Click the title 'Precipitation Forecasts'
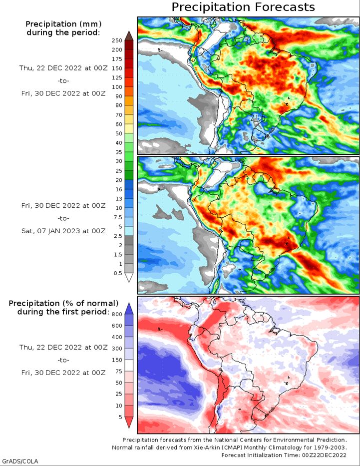click(x=243, y=7)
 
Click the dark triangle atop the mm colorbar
click(x=128, y=35)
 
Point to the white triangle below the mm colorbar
click(x=128, y=278)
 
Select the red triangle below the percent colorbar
click(x=128, y=422)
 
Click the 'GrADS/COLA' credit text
click(x=20, y=461)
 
